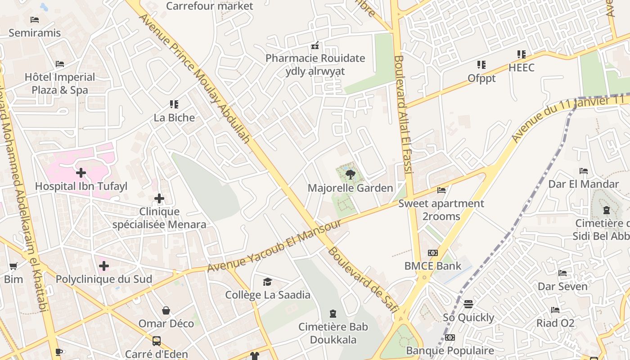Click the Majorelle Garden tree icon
[x=350, y=175]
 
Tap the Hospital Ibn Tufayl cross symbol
[x=81, y=172]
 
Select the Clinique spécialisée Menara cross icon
[x=159, y=198]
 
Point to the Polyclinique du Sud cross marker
[x=104, y=266]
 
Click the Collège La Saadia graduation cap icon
[x=268, y=282]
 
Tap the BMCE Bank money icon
[x=432, y=252]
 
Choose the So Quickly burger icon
[x=468, y=304]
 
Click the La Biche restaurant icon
[x=174, y=104]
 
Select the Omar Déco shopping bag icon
[x=166, y=310]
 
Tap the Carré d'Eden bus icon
[x=156, y=341]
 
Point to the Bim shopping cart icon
[x=13, y=266]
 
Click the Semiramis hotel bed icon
[x=35, y=19]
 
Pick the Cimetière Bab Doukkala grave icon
[x=333, y=313]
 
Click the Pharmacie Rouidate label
[x=315, y=58]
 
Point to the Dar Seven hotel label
[x=562, y=286]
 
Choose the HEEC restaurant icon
[x=522, y=54]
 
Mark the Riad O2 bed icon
[x=555, y=310]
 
